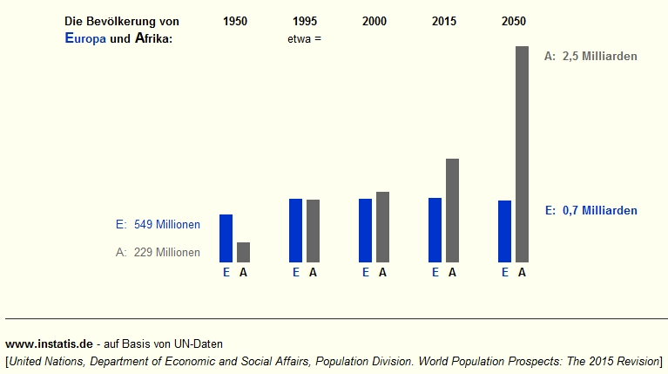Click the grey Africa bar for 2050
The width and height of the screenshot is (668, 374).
click(522, 153)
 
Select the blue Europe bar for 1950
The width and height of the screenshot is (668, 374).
click(226, 238)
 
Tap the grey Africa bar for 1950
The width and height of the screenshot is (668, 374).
click(243, 252)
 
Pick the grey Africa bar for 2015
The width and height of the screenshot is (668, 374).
click(452, 210)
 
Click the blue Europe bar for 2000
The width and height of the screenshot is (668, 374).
click(365, 230)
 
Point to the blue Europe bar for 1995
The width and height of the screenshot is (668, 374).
click(295, 230)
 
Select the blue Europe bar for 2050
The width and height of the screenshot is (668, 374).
click(504, 231)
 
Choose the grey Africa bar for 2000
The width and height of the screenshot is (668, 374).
click(382, 227)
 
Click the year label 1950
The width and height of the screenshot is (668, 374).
click(235, 21)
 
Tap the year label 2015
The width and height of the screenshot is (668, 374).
click(444, 21)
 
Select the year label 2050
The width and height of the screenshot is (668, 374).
click(514, 21)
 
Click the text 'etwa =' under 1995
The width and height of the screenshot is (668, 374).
click(304, 39)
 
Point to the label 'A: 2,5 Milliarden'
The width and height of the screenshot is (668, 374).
click(590, 56)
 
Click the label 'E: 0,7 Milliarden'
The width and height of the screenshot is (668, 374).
click(590, 210)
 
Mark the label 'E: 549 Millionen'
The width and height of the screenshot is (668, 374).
click(158, 224)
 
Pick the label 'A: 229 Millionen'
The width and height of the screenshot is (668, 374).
click(158, 253)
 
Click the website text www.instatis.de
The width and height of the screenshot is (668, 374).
click(48, 344)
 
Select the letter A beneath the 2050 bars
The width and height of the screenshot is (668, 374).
click(522, 272)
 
